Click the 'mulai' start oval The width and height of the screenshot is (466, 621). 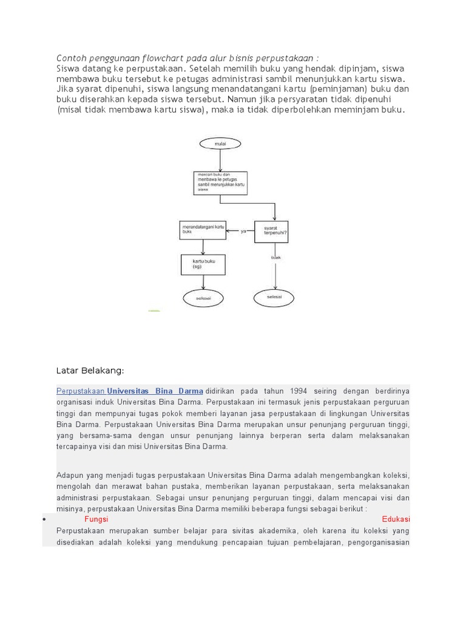[x=220, y=144]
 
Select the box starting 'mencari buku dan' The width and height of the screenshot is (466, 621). [x=220, y=182]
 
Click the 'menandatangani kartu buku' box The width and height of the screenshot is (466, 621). [x=203, y=230]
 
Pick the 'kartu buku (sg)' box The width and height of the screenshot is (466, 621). [x=203, y=264]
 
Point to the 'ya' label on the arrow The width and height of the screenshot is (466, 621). [x=243, y=231]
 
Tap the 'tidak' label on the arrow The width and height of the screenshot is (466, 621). [x=275, y=257]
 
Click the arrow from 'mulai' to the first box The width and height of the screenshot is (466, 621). [x=220, y=159]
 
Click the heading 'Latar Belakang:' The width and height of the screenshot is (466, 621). [x=90, y=370]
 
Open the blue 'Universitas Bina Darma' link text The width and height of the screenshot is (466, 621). [x=155, y=391]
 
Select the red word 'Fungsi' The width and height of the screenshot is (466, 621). [x=96, y=520]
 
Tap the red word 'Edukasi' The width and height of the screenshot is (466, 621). [x=396, y=520]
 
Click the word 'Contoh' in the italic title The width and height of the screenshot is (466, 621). [x=72, y=58]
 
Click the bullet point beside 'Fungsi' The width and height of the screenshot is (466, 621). [x=46, y=520]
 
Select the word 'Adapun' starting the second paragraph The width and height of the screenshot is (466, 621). [x=72, y=475]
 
